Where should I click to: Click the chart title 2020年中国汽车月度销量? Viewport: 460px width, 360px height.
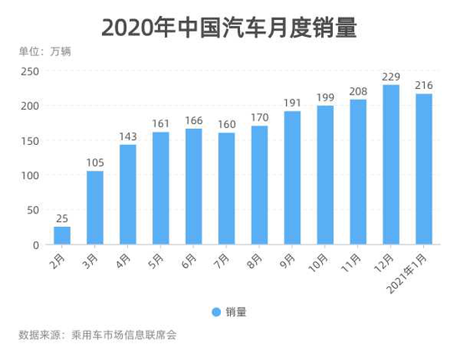pyautogui.click(x=229, y=28)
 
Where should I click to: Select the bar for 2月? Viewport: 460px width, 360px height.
pyautogui.click(x=62, y=235)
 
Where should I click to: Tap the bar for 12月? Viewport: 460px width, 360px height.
pyautogui.click(x=391, y=164)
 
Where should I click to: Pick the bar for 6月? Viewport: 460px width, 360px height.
pyautogui.click(x=193, y=187)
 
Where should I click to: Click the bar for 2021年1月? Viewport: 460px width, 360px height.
pyautogui.click(x=424, y=169)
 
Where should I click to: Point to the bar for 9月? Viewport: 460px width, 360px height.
pyautogui.click(x=292, y=177)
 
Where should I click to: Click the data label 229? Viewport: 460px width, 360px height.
pyautogui.click(x=391, y=76)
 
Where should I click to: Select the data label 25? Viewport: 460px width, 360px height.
pyautogui.click(x=62, y=219)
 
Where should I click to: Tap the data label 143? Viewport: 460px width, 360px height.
pyautogui.click(x=128, y=136)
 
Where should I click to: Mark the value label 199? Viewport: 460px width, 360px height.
pyautogui.click(x=325, y=98)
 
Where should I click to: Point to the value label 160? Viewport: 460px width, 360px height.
pyautogui.click(x=226, y=125)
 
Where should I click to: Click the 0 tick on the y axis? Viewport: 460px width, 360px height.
pyautogui.click(x=35, y=245)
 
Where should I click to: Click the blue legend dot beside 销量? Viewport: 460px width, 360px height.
pyautogui.click(x=216, y=312)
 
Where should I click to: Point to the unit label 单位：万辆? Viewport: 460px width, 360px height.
pyautogui.click(x=45, y=51)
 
